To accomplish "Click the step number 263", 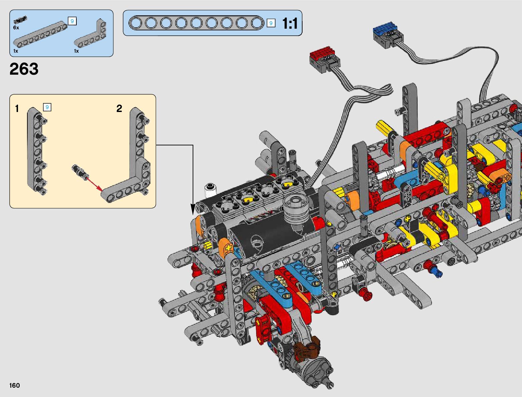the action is pyautogui.click(x=24, y=69).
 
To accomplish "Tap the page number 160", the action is pyautogui.click(x=14, y=385).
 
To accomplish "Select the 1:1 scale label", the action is pyautogui.click(x=290, y=24).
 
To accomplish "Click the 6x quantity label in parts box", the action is pyautogui.click(x=16, y=28).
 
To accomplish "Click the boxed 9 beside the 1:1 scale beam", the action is pyautogui.click(x=271, y=23).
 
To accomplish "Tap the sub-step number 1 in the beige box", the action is pyautogui.click(x=17, y=109).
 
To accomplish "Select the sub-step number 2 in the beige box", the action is pyautogui.click(x=119, y=109).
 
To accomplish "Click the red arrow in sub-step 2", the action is pyautogui.click(x=94, y=183).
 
